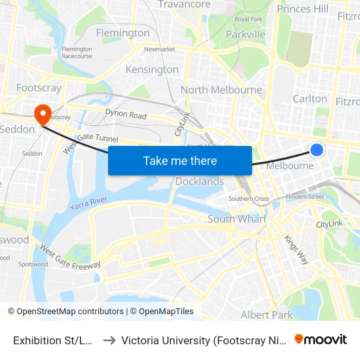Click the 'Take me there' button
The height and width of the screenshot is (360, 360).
180,160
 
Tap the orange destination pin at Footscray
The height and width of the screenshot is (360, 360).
43,115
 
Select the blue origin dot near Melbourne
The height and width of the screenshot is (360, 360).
316,150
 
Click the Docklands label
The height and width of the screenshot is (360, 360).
200,181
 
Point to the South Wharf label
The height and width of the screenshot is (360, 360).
237,219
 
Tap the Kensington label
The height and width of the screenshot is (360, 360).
152,69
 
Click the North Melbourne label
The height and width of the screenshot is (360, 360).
221,90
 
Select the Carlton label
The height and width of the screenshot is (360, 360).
310,99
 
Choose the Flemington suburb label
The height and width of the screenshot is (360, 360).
123,33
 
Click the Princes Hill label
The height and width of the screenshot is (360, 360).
303,9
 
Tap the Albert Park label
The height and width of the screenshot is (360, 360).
267,315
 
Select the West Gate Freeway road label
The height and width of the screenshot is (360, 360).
70,257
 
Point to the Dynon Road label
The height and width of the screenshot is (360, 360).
126,115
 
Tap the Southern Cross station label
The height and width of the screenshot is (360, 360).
249,199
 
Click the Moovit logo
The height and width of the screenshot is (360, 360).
321,339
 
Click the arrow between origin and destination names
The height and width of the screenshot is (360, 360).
109,340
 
